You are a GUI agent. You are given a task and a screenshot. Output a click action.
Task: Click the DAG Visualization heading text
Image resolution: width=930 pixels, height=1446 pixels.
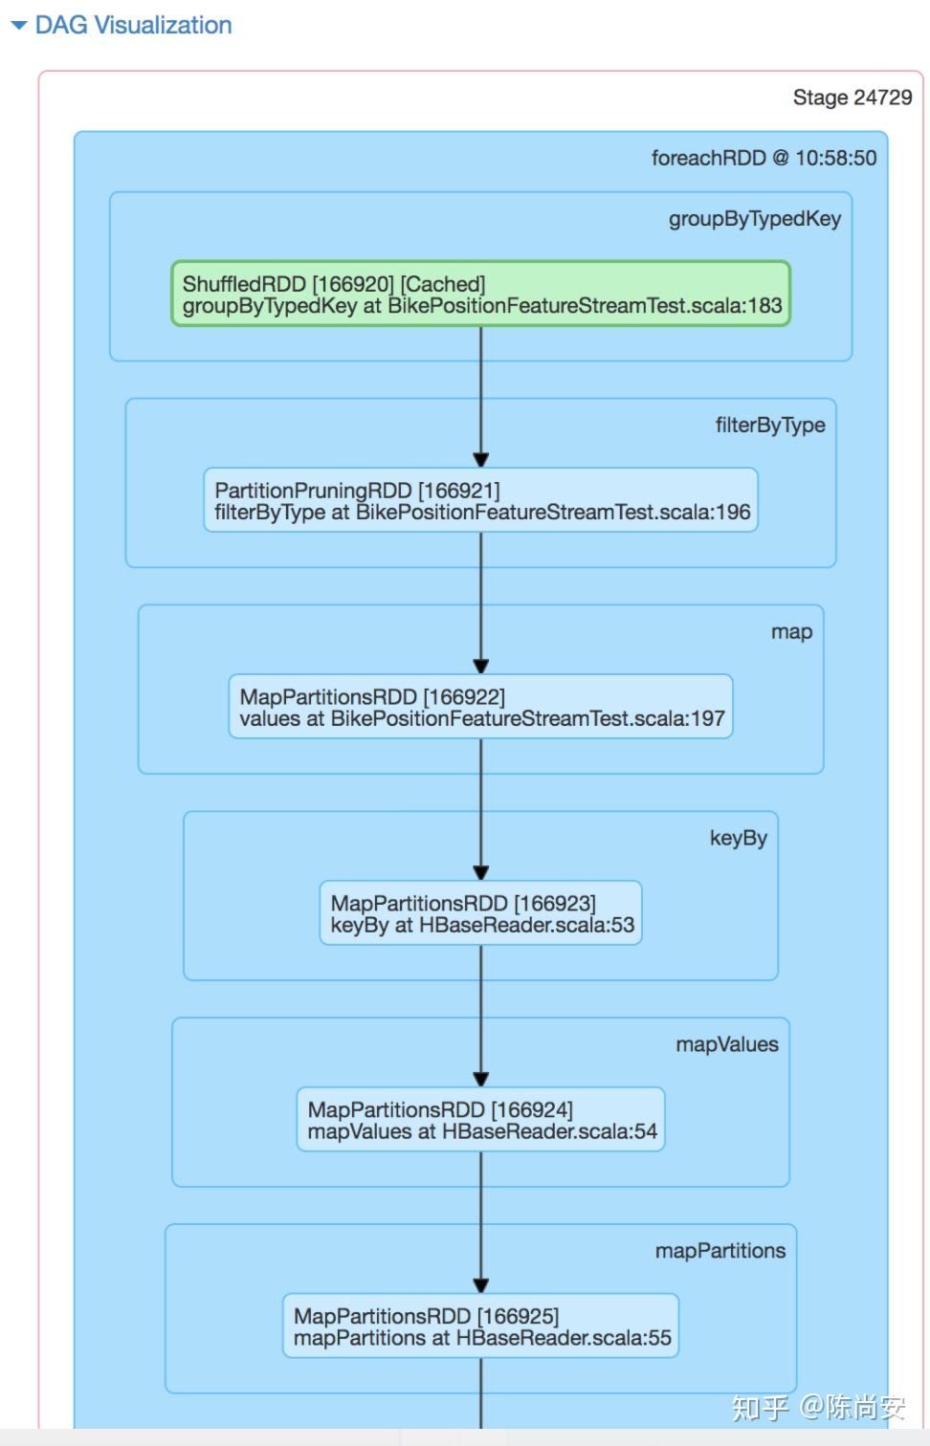pos(133,26)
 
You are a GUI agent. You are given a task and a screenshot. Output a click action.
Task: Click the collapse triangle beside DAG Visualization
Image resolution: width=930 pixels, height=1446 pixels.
pos(19,26)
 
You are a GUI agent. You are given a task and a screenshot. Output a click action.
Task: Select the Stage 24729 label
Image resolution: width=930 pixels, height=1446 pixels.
pos(852,98)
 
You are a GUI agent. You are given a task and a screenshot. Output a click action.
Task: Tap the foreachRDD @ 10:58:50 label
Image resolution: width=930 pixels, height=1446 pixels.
pos(764,158)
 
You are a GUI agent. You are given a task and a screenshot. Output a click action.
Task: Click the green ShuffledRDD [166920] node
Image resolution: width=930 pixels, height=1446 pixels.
pos(480,295)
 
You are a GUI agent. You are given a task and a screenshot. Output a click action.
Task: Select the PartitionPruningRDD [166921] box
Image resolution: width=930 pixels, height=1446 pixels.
pos(480,501)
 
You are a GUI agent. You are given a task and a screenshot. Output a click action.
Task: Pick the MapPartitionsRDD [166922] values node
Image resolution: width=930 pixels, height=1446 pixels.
pos(480,708)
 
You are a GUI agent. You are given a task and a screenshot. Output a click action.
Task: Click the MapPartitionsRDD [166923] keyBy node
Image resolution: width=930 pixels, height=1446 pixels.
pos(480,914)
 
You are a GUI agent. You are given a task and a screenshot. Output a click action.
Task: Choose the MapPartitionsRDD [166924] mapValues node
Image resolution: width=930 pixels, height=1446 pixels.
pos(480,1121)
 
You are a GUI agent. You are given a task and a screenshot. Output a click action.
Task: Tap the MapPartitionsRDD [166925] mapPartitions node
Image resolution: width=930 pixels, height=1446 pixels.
pos(480,1326)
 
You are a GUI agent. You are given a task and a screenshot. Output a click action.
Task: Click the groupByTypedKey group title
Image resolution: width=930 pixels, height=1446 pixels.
pos(754,219)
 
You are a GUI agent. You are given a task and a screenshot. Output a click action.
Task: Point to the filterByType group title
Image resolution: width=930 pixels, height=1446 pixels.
pos(770,426)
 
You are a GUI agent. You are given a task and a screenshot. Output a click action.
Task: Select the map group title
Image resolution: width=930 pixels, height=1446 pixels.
pos(791,632)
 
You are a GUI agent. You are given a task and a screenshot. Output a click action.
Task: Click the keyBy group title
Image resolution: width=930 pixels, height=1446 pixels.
pos(738,839)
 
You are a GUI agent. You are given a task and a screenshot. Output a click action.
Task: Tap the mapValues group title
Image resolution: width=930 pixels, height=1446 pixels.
pos(727,1044)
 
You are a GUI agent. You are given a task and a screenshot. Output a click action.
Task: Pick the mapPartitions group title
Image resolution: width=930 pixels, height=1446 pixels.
pos(720,1251)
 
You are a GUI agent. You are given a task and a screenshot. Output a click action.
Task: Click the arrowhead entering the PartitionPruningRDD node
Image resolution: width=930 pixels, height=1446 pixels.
pos(480,460)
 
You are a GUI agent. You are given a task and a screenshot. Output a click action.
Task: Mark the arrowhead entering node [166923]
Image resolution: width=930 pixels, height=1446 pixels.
pos(480,872)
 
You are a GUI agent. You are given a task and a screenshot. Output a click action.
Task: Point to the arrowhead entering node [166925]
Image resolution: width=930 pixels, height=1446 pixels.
pos(480,1285)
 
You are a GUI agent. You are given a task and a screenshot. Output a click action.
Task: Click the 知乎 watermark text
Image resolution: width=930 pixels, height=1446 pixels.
pos(760,1407)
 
